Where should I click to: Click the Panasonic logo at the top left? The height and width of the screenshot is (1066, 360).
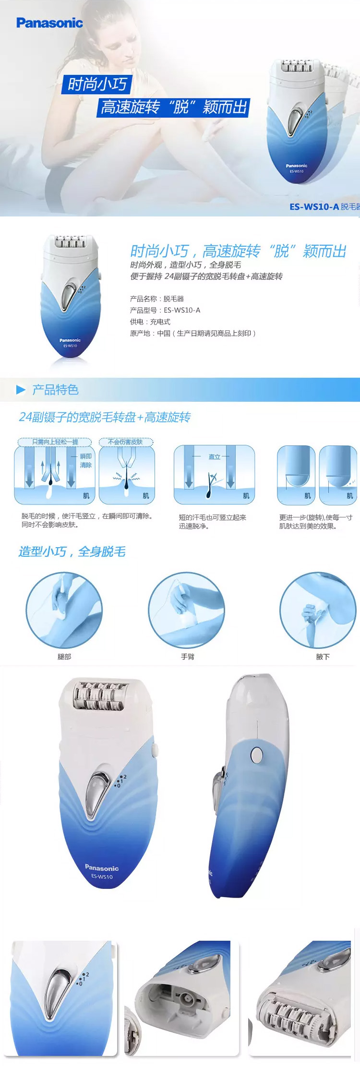pyautogui.click(x=49, y=23)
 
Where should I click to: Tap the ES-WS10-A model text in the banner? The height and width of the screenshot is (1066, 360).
pyautogui.click(x=314, y=207)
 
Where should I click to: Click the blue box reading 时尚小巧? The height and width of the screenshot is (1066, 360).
pyautogui.click(x=97, y=84)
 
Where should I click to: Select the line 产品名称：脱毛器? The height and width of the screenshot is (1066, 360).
pyautogui.click(x=157, y=299)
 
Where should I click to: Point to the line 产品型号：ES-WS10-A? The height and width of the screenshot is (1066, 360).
pyautogui.click(x=165, y=310)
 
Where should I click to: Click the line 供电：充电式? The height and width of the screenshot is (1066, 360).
pyautogui.click(x=150, y=322)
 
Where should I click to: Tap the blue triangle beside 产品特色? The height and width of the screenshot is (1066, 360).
pyautogui.click(x=21, y=390)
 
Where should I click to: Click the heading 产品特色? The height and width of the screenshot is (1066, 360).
pyautogui.click(x=55, y=390)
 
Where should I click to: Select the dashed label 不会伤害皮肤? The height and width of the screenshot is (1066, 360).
pyautogui.click(x=125, y=442)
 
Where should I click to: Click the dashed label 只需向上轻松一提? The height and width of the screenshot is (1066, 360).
pyautogui.click(x=55, y=442)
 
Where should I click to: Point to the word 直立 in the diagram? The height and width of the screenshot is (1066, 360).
pyautogui.click(x=214, y=456)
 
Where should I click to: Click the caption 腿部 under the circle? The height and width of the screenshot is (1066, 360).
pyautogui.click(x=64, y=657)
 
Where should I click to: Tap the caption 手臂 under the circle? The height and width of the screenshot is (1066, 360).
pyautogui.click(x=188, y=657)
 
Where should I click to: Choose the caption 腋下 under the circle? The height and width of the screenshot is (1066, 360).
pyautogui.click(x=323, y=657)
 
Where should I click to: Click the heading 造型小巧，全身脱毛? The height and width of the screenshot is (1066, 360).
pyautogui.click(x=72, y=551)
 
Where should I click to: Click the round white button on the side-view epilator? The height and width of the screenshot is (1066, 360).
pyautogui.click(x=256, y=755)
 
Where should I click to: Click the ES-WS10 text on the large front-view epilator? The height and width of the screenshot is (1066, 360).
pyautogui.click(x=102, y=877)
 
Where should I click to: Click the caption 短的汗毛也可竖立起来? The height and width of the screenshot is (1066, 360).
pyautogui.click(x=212, y=517)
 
